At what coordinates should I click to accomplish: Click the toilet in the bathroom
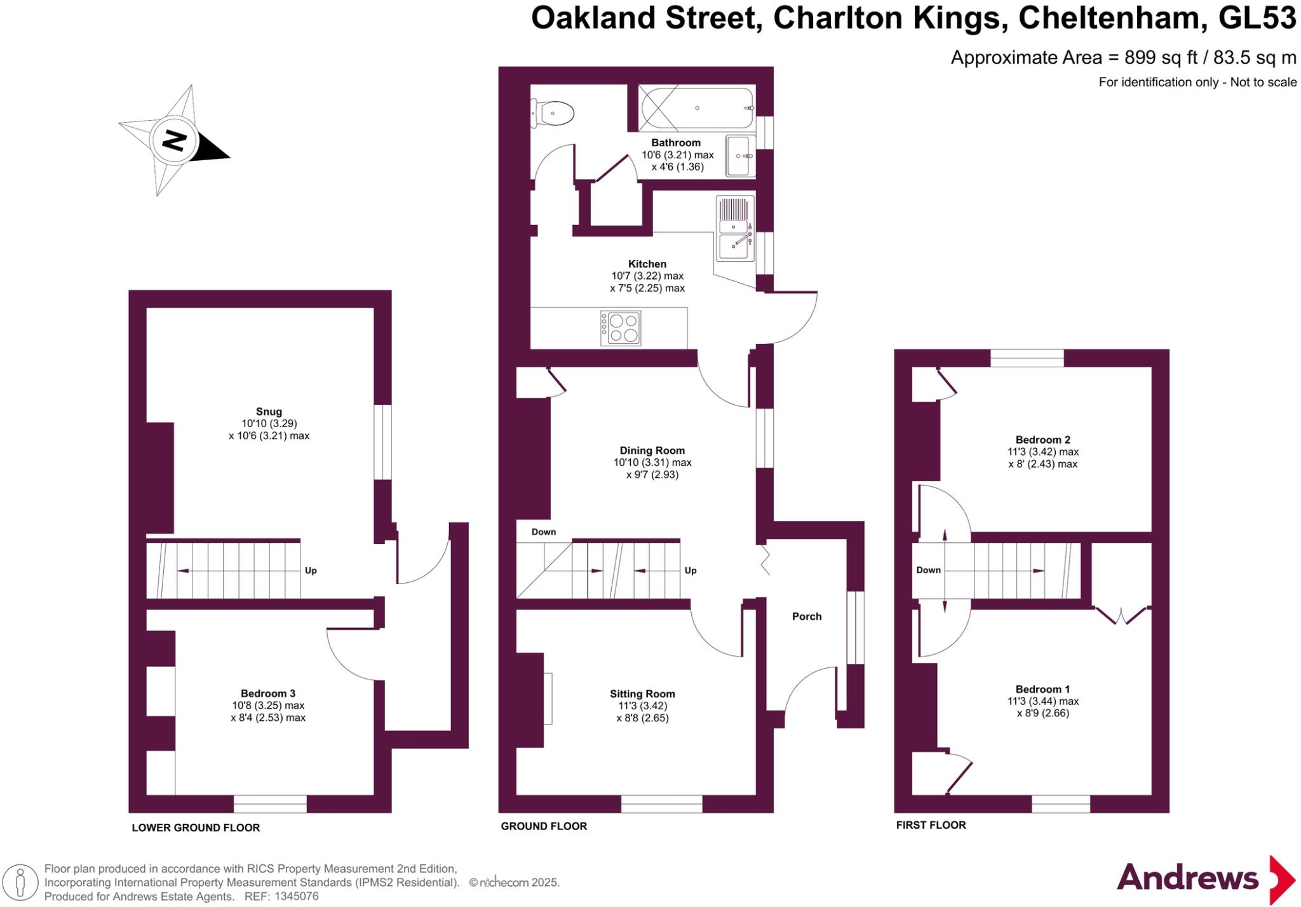pos(554,114)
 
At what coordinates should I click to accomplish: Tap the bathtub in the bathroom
pos(697,108)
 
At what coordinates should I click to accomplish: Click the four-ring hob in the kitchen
pos(621,328)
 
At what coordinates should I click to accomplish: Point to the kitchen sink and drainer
pos(735,228)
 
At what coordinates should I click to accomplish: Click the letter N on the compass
pos(173,140)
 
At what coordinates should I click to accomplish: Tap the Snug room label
pos(269,411)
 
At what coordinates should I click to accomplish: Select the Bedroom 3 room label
pos(267,693)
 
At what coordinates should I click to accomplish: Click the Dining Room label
pos(652,450)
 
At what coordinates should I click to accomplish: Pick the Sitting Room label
pos(642,693)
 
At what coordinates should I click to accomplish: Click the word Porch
pos(807,616)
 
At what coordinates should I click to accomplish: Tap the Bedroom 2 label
pos(1042,439)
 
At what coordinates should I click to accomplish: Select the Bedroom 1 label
pos(1042,689)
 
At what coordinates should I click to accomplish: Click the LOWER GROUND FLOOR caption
pos(196,828)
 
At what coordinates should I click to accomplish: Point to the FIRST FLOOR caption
pos(931,825)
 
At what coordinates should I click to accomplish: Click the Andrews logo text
pos(1187,878)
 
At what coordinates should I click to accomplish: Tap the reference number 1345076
pos(296,897)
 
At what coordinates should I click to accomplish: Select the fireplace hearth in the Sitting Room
pos(548,698)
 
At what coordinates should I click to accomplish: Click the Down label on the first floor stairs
pos(928,570)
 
